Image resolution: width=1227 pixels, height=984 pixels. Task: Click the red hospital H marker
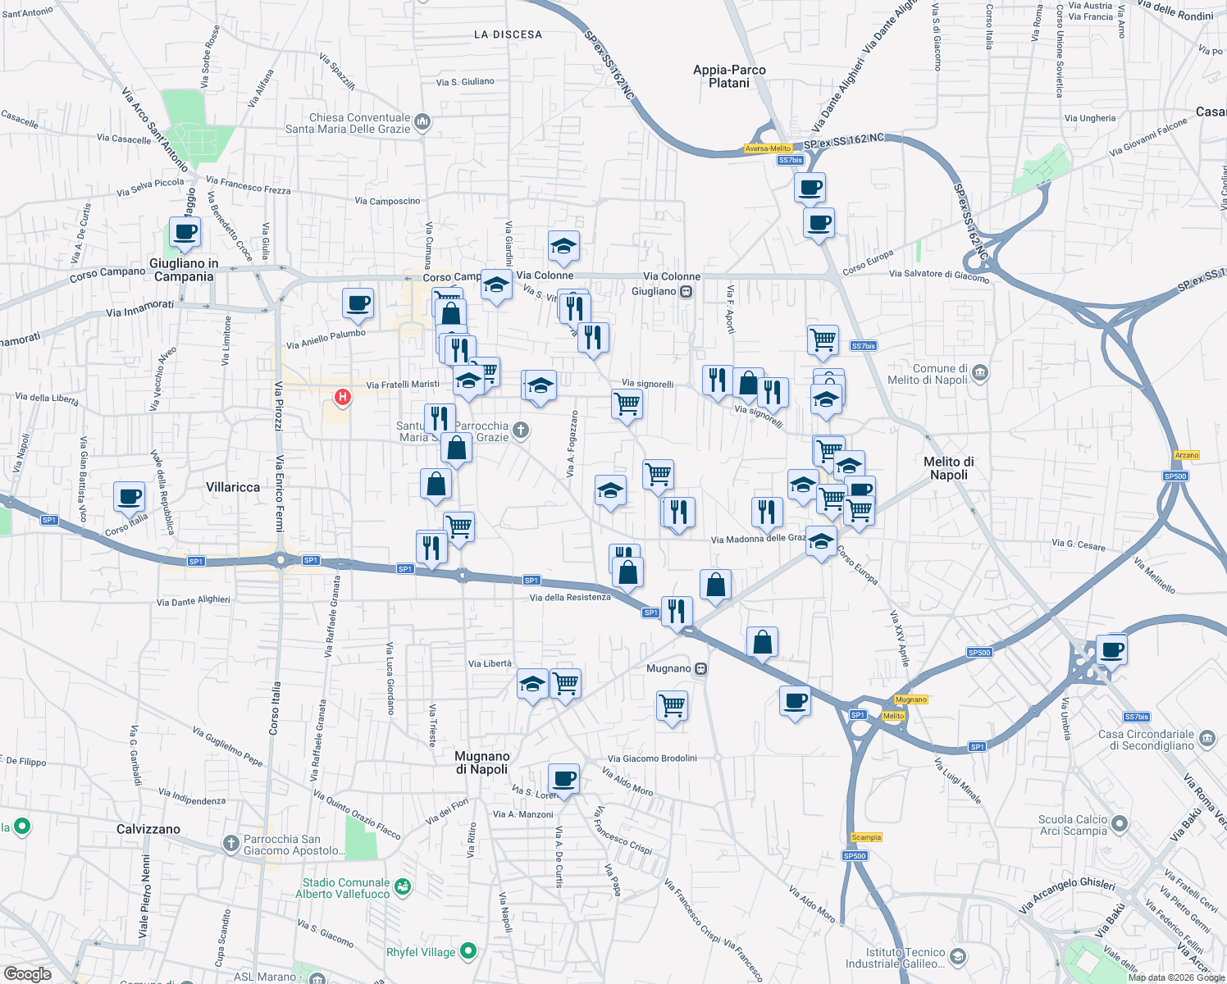pos(343,398)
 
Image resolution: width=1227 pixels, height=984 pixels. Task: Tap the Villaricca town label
pos(233,487)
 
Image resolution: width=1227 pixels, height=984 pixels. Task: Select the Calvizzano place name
pos(148,829)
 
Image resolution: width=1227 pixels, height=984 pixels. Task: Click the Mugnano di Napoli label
pos(482,763)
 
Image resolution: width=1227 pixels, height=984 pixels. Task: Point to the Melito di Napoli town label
pos(949,468)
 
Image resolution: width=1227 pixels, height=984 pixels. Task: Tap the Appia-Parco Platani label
pos(729,76)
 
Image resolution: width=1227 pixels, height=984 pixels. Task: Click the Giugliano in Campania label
pos(184,270)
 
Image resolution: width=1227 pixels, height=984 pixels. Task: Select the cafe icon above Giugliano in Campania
pos(185,232)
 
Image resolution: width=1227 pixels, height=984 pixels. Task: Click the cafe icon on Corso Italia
pos(130,496)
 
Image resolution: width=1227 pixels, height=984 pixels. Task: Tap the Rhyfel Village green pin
pos(468,951)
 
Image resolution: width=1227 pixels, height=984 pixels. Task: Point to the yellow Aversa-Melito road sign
pos(769,148)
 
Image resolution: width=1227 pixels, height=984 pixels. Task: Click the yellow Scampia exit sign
pos(866,837)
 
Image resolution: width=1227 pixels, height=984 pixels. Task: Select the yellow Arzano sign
pos(1187,455)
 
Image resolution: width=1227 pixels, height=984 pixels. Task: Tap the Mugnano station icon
pos(700,668)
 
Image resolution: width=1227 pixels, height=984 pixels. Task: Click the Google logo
pos(27,974)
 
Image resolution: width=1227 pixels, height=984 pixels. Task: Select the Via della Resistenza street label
pos(570,597)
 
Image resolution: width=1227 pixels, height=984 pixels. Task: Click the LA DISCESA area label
pos(508,34)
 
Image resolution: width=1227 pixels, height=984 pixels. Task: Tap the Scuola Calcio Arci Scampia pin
pos(1120,824)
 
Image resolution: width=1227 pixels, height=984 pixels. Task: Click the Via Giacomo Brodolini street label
pos(652,758)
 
